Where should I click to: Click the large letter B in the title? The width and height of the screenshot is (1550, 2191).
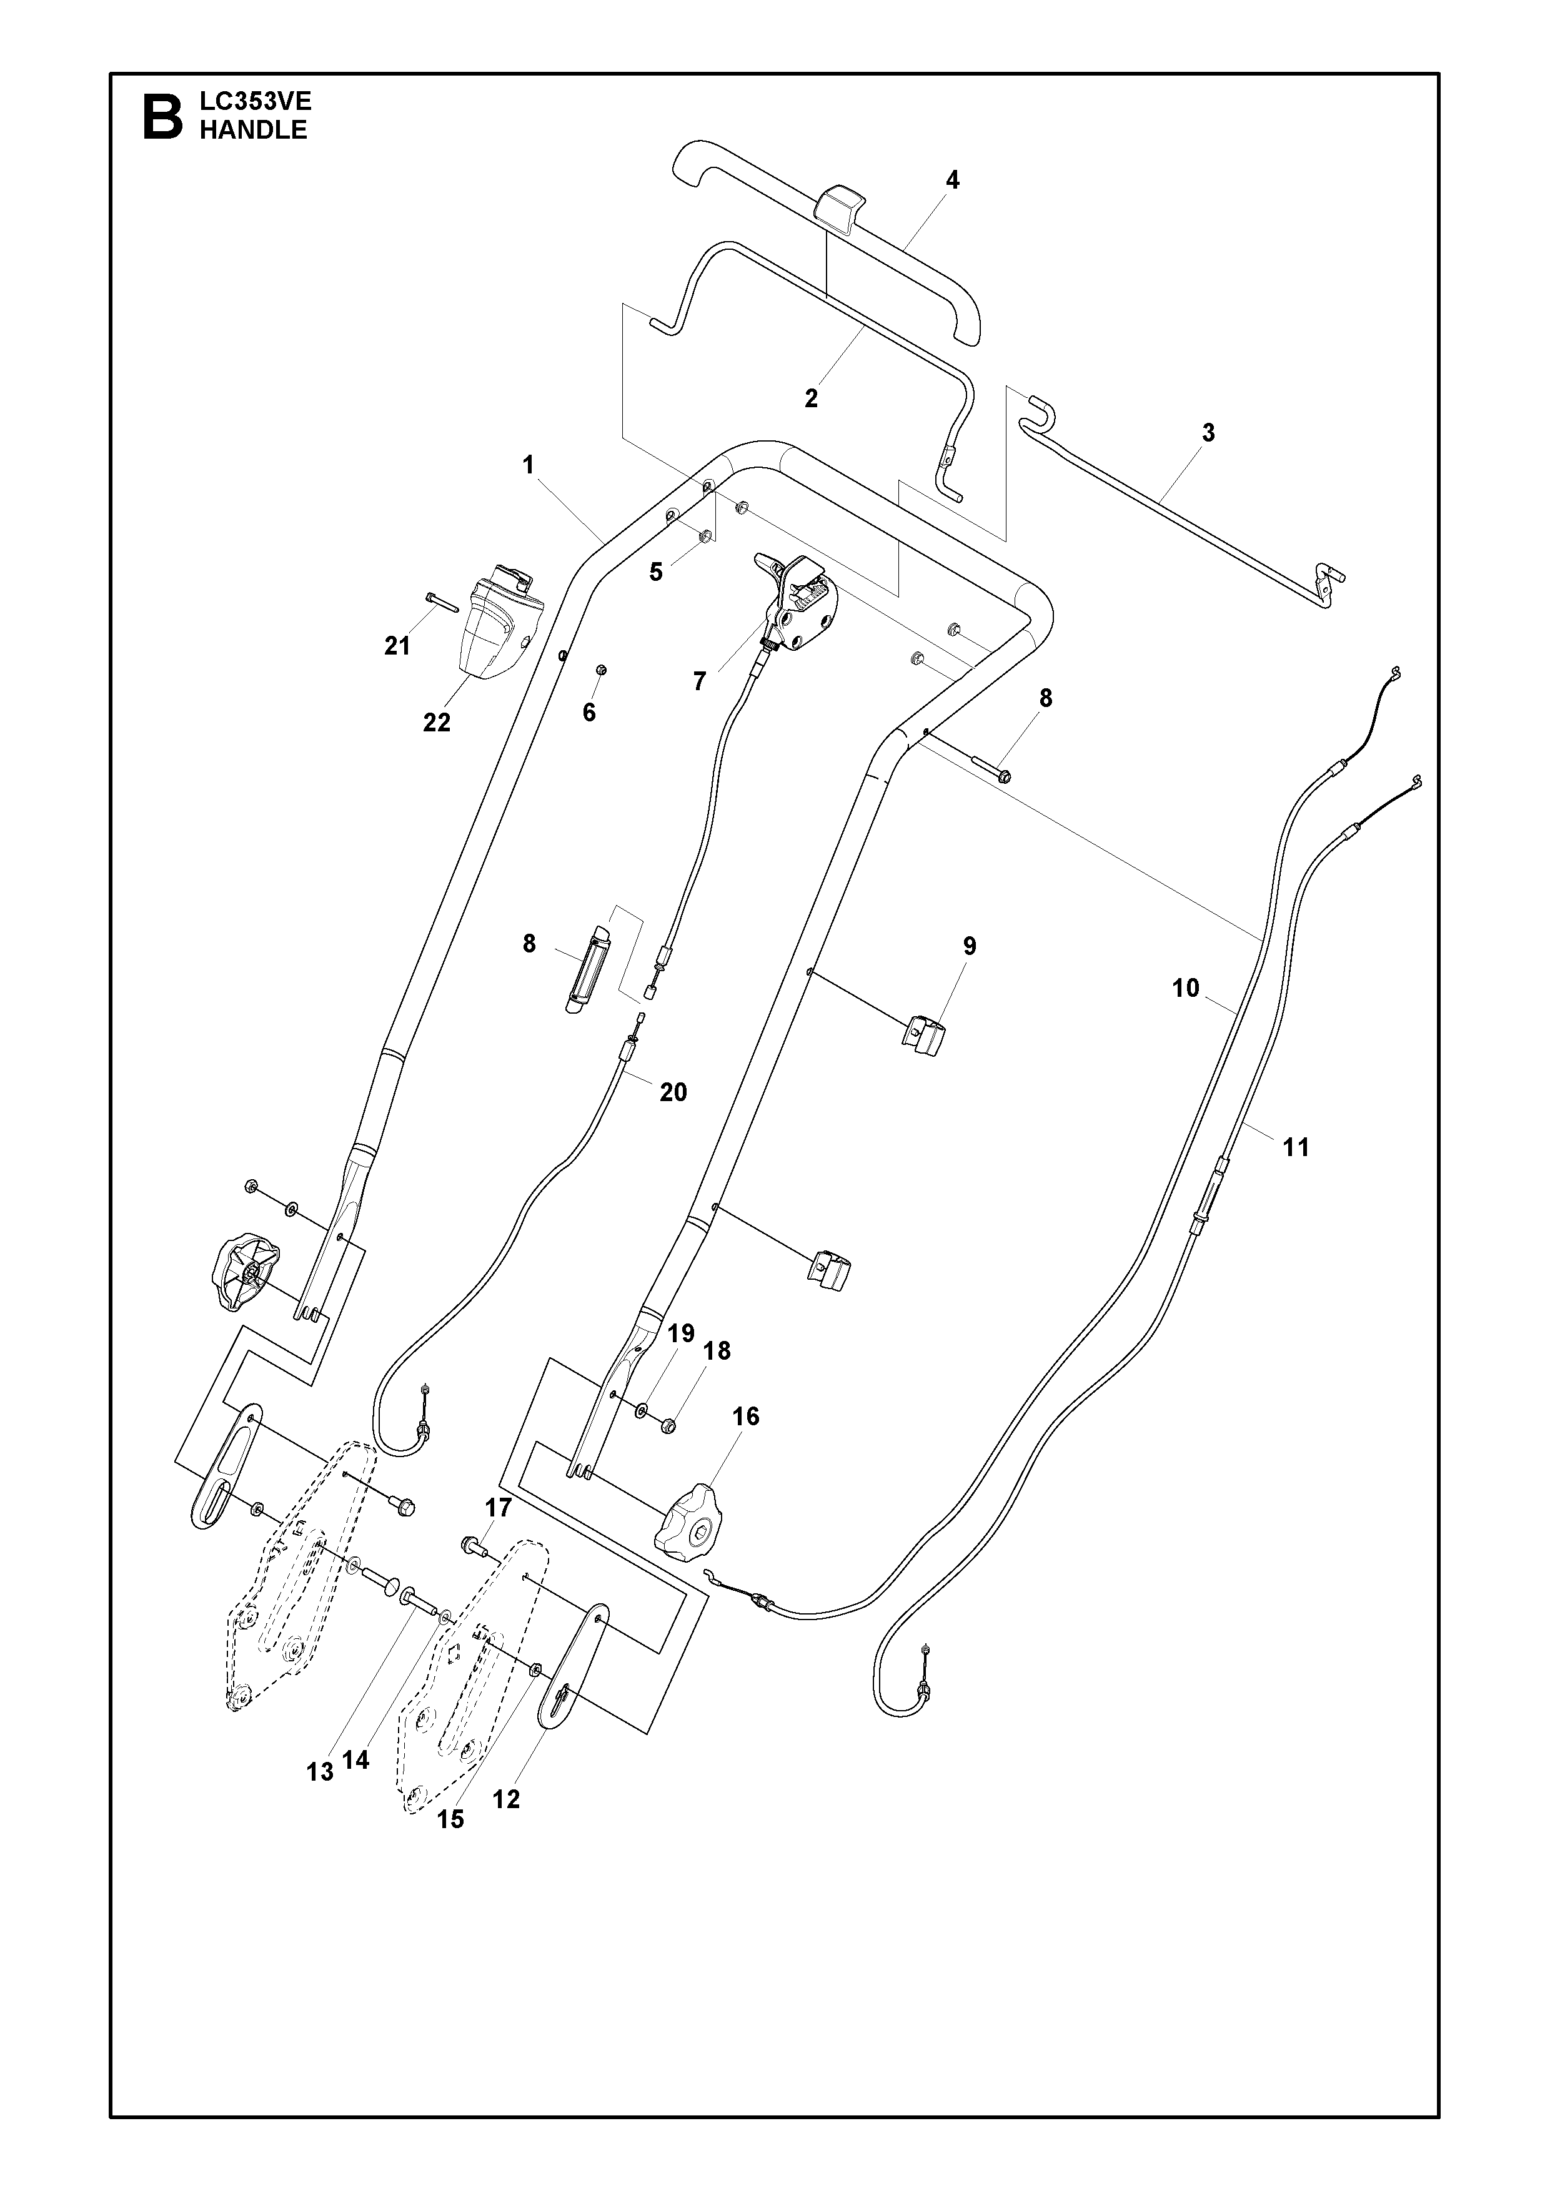(x=162, y=116)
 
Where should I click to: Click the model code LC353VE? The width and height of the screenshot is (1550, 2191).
(x=256, y=101)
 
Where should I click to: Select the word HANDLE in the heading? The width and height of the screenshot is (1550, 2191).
(x=253, y=131)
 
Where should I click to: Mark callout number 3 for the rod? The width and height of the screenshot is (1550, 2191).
(x=1208, y=433)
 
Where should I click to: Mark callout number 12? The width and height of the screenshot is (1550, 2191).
(x=506, y=1800)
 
